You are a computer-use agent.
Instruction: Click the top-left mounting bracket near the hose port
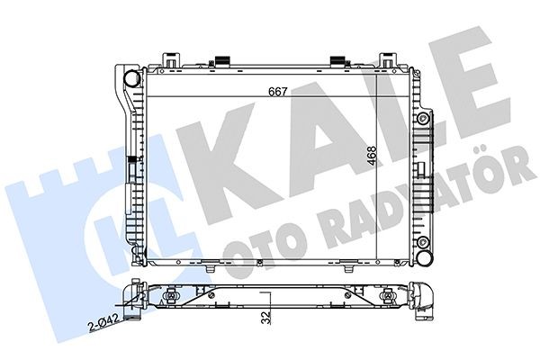point(168,59)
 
